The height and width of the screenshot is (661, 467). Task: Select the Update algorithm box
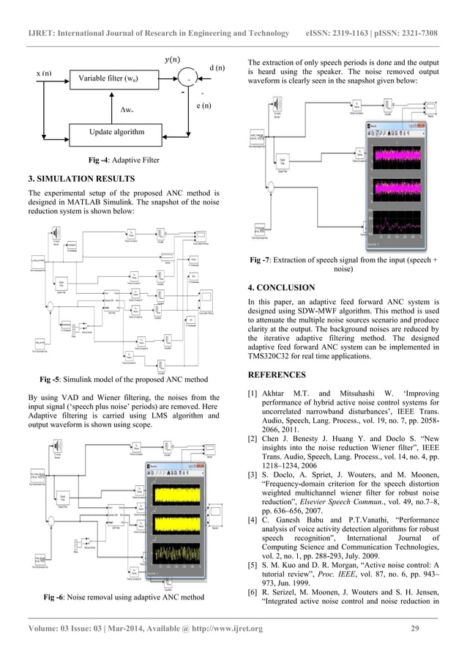(116, 132)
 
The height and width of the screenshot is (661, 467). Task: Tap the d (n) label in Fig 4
(217, 68)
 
